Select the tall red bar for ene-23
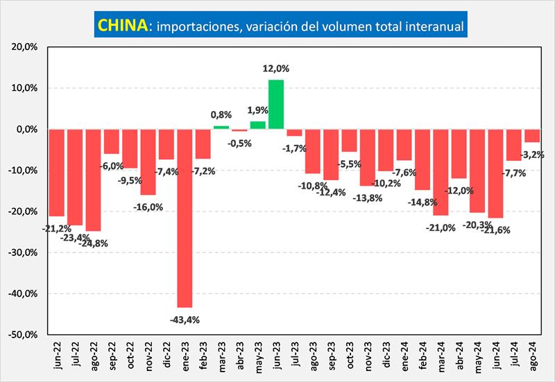(185, 218)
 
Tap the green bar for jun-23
(276, 104)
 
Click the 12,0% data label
(276, 69)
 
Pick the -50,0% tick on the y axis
(26, 334)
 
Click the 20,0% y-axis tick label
(26, 47)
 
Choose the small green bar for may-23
(257, 125)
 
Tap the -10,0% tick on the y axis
(26, 171)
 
